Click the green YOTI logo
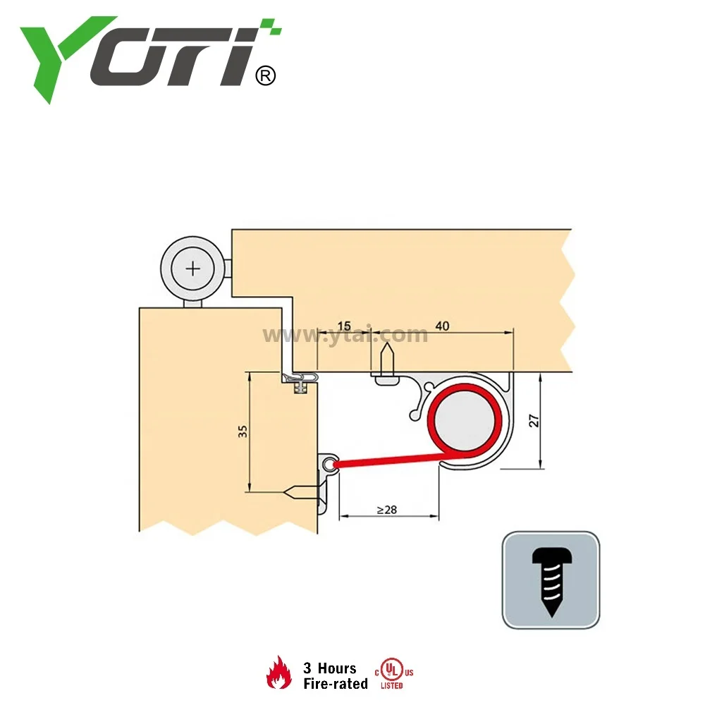click(141, 56)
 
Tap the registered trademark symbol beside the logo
click(264, 75)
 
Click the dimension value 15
click(343, 326)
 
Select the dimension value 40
click(443, 326)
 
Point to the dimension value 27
click(534, 420)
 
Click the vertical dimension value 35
click(243, 431)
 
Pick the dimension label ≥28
click(386, 509)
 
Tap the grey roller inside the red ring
click(466, 421)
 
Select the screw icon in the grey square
click(551, 580)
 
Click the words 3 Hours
click(330, 668)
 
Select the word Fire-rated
click(336, 683)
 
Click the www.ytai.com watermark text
click(345, 336)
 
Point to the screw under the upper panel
click(386, 363)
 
